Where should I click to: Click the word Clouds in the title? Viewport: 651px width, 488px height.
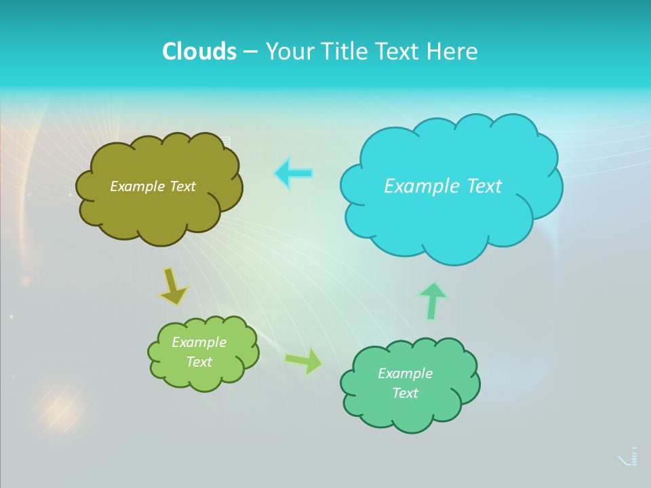(x=199, y=52)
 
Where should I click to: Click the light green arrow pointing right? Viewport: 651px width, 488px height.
(x=304, y=361)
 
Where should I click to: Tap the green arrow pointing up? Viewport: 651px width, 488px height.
(x=432, y=300)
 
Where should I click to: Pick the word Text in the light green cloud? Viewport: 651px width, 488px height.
(x=199, y=362)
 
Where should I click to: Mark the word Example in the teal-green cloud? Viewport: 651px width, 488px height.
(x=405, y=373)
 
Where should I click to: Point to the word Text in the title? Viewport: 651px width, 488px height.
(x=397, y=52)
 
